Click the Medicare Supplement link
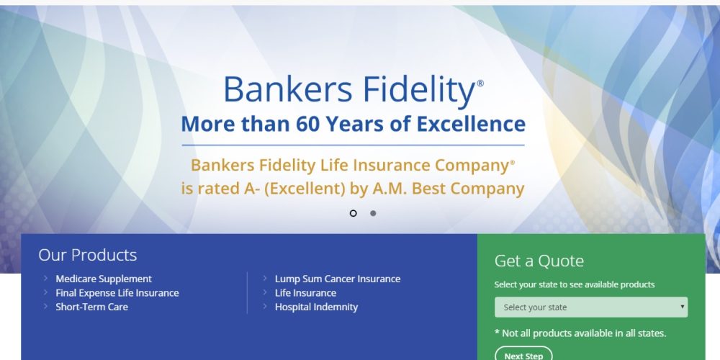click(104, 279)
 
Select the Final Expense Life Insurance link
click(117, 293)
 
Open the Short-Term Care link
click(92, 307)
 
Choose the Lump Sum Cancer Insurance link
click(338, 279)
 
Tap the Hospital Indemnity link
click(316, 307)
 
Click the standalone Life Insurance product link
click(305, 293)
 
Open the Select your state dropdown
click(591, 307)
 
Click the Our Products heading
click(88, 255)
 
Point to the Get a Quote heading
click(539, 261)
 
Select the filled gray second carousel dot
click(373, 213)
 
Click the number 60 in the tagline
click(307, 124)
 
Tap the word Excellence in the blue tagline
click(471, 124)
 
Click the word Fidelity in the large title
click(419, 89)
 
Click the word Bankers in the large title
click(288, 89)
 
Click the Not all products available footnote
click(580, 333)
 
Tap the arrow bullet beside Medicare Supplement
click(45, 278)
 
